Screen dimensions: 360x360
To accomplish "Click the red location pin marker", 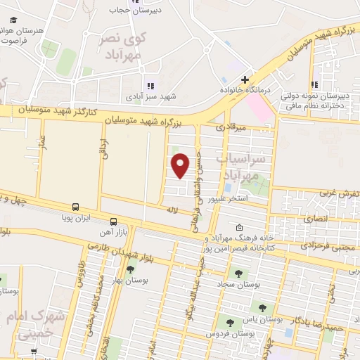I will (181, 165).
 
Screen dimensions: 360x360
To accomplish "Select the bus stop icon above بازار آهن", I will (114, 221).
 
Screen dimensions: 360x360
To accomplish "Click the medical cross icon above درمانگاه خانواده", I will (245, 80).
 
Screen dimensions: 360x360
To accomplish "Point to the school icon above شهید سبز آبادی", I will (149, 86).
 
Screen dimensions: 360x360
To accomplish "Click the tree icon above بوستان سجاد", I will (235, 273).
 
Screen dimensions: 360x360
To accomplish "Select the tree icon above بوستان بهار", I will (130, 269).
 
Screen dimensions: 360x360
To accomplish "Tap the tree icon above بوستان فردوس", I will (229, 322).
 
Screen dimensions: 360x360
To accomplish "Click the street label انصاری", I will (316, 219).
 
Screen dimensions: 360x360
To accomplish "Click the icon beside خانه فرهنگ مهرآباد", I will (240, 228).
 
